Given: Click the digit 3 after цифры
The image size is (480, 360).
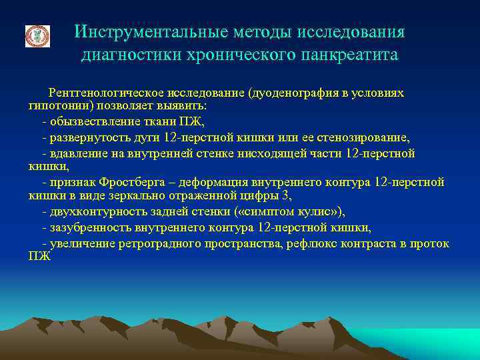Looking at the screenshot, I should (287, 196).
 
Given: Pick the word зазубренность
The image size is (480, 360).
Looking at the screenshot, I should (87, 228).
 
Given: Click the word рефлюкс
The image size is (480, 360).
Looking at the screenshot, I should (313, 244).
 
